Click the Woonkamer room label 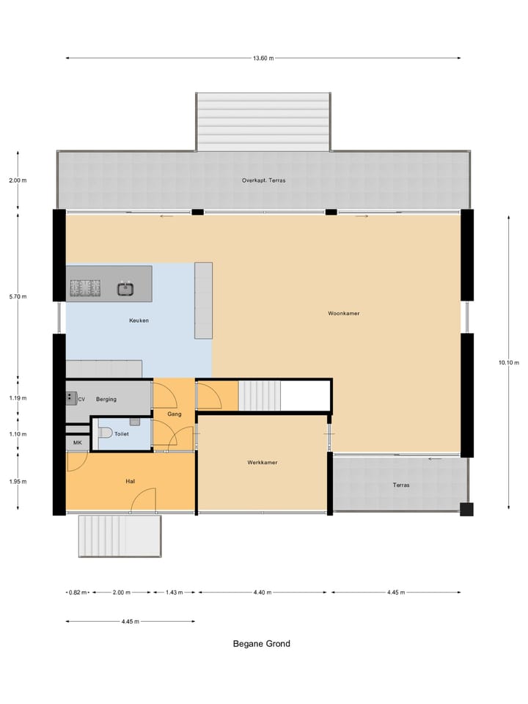pyautogui.click(x=344, y=313)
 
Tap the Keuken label pyautogui.click(x=139, y=320)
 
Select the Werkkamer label pyautogui.click(x=262, y=463)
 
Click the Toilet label pyautogui.click(x=122, y=433)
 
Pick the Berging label pyautogui.click(x=106, y=399)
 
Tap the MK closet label pyautogui.click(x=77, y=443)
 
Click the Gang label pyautogui.click(x=174, y=414)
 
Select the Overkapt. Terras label pyautogui.click(x=264, y=180)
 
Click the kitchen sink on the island pyautogui.click(x=125, y=288)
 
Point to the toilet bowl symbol pyautogui.click(x=104, y=433)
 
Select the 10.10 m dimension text pyautogui.click(x=507, y=362)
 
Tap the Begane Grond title pyautogui.click(x=262, y=644)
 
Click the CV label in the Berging pyautogui.click(x=82, y=399)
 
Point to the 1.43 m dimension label pyautogui.click(x=175, y=592)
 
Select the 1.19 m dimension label pyautogui.click(x=18, y=398)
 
